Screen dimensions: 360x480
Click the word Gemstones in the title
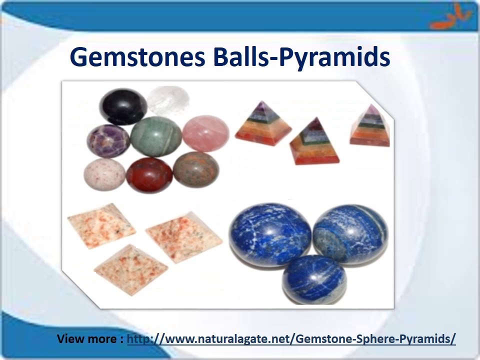[x=138, y=57]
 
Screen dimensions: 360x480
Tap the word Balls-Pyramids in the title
[x=301, y=57]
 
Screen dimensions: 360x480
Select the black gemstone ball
[x=123, y=106]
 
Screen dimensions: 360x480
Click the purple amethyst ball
[x=108, y=140]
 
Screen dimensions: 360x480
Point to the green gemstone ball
[x=156, y=136]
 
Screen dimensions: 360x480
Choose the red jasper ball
[x=149, y=173]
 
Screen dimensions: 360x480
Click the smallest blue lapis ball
[x=314, y=279]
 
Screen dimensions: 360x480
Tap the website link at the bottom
[x=291, y=339]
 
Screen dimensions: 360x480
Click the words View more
[x=87, y=339]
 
